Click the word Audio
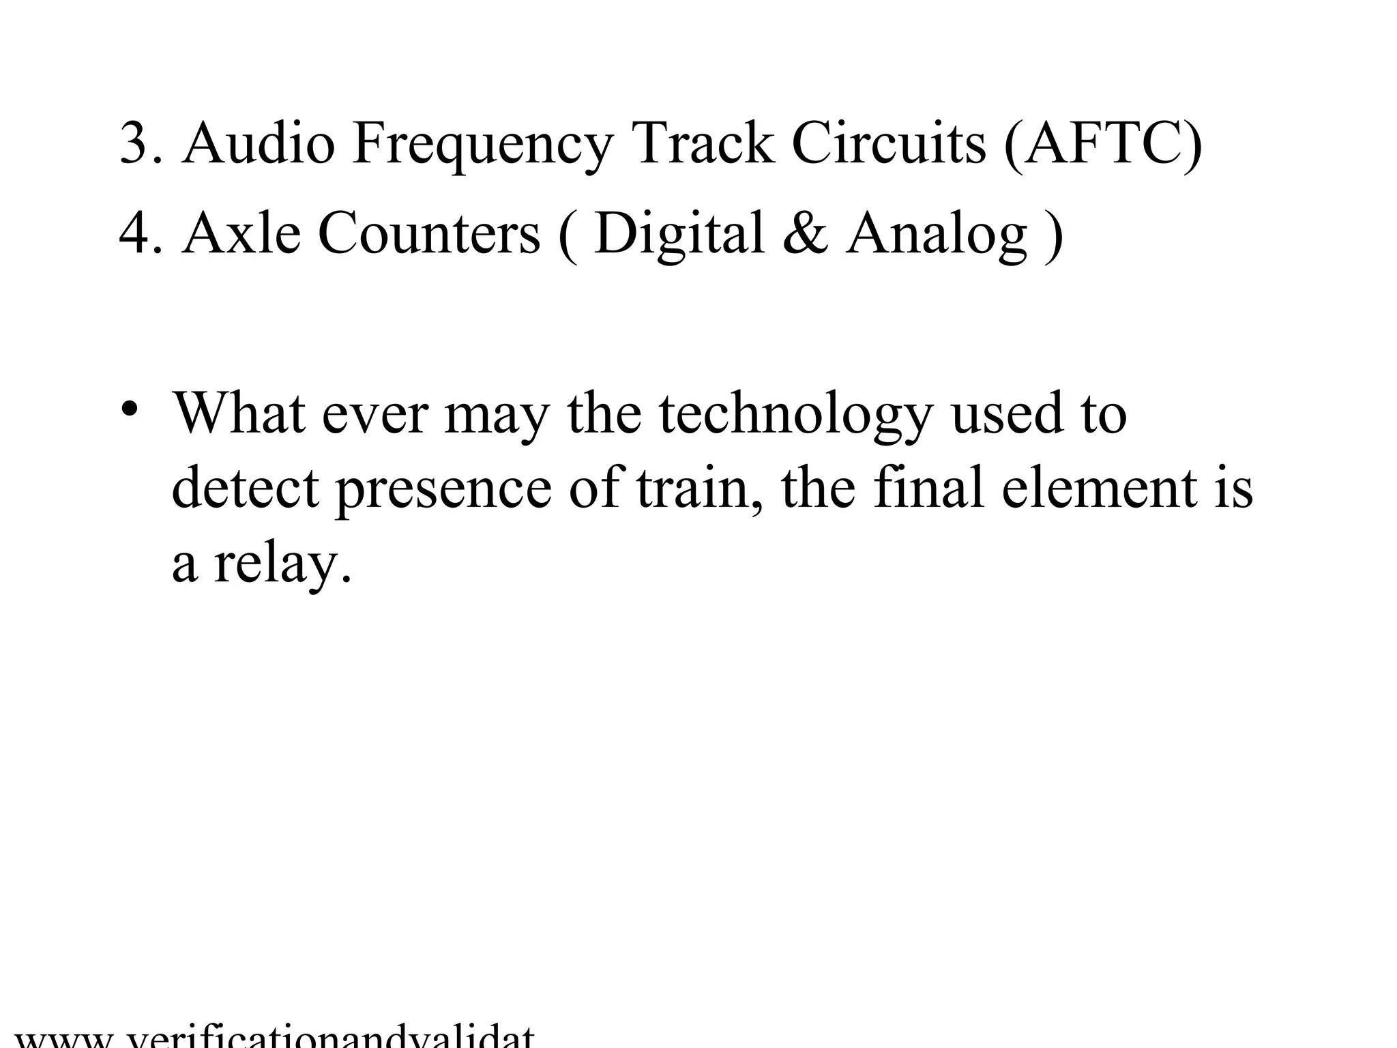click(x=259, y=143)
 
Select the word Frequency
click(x=483, y=145)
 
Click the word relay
click(x=282, y=566)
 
